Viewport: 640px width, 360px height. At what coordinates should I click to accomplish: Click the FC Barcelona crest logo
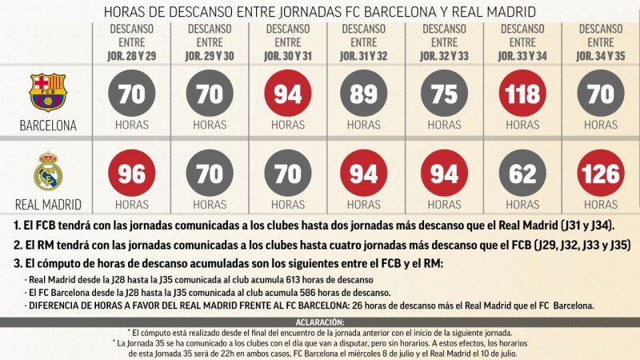48,92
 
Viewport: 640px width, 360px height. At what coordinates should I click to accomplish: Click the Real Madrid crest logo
48,170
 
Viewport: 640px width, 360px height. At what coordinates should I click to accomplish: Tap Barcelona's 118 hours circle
522,94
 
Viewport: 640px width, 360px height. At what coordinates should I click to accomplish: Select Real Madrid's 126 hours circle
601,174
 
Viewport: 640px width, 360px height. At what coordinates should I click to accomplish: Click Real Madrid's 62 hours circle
522,174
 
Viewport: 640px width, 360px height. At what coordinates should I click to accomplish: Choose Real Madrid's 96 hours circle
131,174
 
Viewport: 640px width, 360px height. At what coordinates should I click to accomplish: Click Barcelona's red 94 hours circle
288,94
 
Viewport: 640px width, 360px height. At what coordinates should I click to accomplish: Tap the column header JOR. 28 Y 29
131,57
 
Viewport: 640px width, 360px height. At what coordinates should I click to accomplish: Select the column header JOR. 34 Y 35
601,57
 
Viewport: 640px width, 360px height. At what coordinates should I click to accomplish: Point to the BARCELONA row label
48,125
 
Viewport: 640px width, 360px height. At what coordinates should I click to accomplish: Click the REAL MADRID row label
48,203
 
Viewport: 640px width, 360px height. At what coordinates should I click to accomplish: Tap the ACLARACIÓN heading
320,322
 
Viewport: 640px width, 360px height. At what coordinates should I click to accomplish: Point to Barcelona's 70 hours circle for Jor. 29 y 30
210,94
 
